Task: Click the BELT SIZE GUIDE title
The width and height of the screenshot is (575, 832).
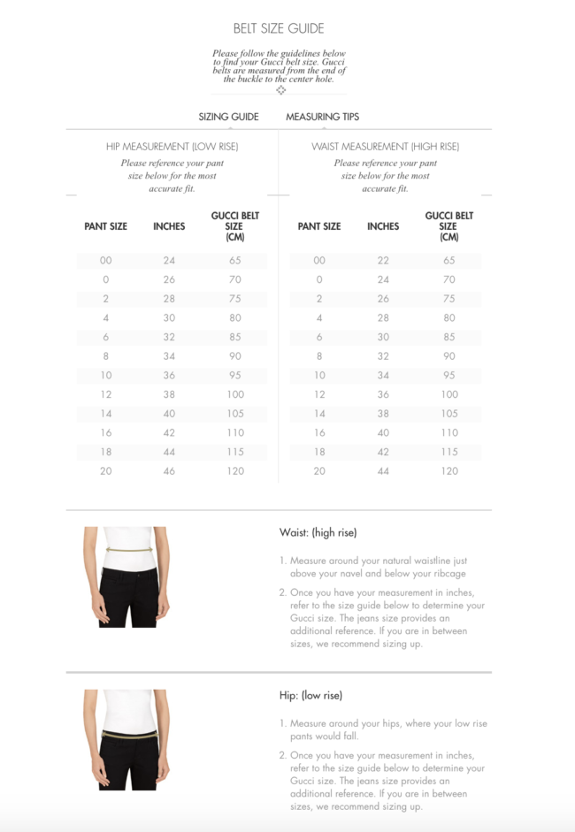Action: pyautogui.click(x=279, y=28)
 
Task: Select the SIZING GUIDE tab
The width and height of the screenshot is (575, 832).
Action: pyautogui.click(x=228, y=117)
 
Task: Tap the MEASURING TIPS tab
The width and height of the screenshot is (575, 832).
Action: pyautogui.click(x=322, y=117)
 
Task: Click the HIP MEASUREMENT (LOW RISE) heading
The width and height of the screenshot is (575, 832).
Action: pyautogui.click(x=172, y=146)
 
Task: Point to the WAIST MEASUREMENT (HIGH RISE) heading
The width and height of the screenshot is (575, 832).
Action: pyautogui.click(x=385, y=146)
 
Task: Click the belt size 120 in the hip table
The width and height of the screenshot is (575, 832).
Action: pyautogui.click(x=234, y=471)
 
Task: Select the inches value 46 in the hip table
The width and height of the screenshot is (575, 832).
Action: pyautogui.click(x=169, y=471)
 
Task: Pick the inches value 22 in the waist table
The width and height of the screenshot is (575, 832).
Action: pyautogui.click(x=383, y=261)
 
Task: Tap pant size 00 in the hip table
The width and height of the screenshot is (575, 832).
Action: pyautogui.click(x=106, y=261)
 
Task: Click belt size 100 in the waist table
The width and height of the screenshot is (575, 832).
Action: pyautogui.click(x=449, y=394)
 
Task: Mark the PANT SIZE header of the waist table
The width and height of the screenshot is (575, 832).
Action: pyautogui.click(x=319, y=226)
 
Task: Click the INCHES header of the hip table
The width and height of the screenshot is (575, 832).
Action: pyautogui.click(x=169, y=226)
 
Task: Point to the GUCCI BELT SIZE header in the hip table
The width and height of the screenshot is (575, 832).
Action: pyautogui.click(x=234, y=226)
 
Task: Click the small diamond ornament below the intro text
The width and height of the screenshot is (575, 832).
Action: pyautogui.click(x=280, y=90)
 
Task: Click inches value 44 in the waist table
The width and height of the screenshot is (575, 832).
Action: pyautogui.click(x=383, y=471)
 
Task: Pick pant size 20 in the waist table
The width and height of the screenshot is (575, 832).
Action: pyautogui.click(x=319, y=471)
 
